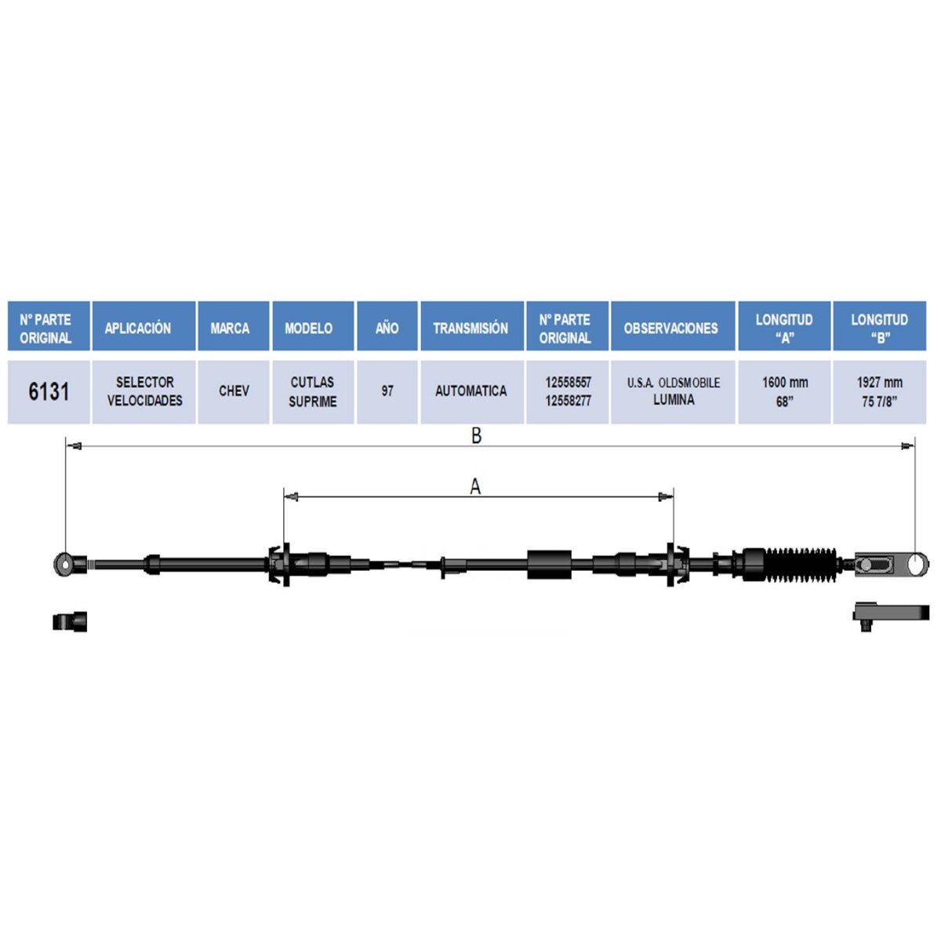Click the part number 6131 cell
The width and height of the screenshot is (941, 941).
[49, 391]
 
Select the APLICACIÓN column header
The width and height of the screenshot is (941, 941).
[138, 328]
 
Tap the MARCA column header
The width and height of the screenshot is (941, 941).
[230, 328]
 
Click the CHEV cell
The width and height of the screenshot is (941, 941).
[234, 391]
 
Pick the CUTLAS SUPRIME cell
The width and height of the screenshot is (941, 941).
[313, 391]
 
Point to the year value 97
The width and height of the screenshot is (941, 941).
[387, 391]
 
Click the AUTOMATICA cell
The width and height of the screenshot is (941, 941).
[471, 391]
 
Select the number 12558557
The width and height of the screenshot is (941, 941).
[568, 383]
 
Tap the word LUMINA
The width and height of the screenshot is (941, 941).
[674, 400]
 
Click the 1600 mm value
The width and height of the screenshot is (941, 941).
[785, 383]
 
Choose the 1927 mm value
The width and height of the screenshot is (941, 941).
[880, 383]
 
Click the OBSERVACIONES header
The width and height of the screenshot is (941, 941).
[671, 328]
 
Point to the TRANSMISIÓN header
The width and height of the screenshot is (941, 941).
[470, 328]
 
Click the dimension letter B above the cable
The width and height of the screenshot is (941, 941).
[477, 435]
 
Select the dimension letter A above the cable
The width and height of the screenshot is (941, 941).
[475, 486]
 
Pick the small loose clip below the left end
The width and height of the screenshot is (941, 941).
[70, 621]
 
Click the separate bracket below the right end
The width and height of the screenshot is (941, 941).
[891, 614]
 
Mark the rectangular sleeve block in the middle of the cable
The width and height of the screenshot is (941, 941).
[550, 565]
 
